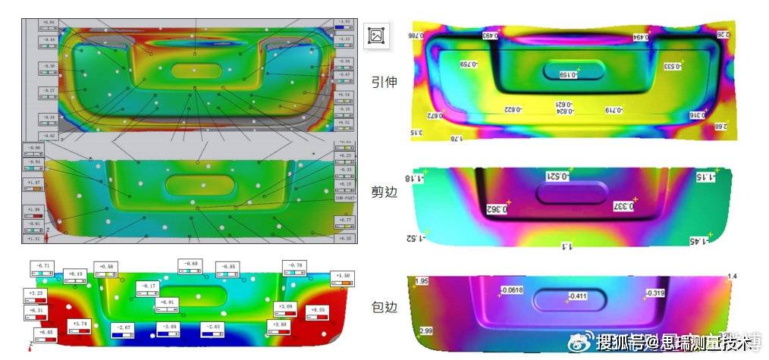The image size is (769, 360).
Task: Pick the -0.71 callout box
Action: [42, 269]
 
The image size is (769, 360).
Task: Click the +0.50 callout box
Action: [106, 271]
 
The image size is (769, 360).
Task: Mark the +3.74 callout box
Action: [80, 327]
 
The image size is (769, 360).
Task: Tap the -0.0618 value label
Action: [513, 290]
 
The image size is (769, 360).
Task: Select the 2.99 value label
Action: [425, 330]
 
